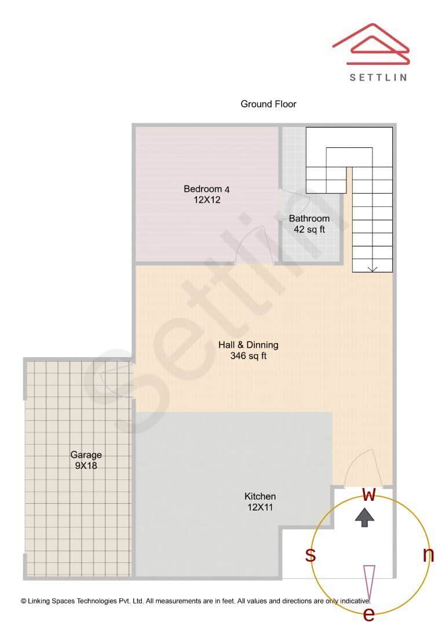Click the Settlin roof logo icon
tap(371, 44)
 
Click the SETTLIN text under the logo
tap(378, 77)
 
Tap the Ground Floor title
tap(268, 104)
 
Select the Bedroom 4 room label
tap(207, 189)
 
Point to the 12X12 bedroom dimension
tap(207, 200)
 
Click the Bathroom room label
tap(309, 219)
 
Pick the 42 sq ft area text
tap(309, 230)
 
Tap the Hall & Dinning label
tap(248, 345)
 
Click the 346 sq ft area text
tap(248, 356)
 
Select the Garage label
tap(86, 455)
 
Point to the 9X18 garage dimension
tap(86, 466)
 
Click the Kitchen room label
tap(260, 497)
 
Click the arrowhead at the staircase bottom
tap(372, 268)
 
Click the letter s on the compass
tap(311, 555)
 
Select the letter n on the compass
tap(428, 555)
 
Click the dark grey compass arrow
tap(364, 517)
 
